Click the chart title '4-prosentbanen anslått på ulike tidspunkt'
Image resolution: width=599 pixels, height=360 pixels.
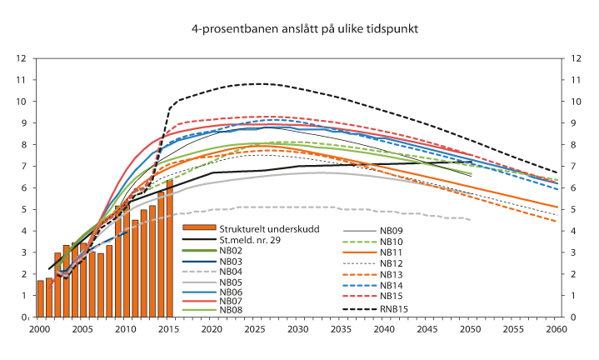pyautogui.click(x=304, y=28)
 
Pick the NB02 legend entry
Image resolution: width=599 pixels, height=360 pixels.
pyautogui.click(x=231, y=249)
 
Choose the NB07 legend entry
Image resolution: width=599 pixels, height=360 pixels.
pyautogui.click(x=231, y=300)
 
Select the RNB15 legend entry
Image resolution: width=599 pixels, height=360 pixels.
pyautogui.click(x=395, y=310)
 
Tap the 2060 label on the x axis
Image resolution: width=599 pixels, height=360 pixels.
pyautogui.click(x=556, y=330)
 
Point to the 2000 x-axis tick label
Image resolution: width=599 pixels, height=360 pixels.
pyautogui.click(x=38, y=330)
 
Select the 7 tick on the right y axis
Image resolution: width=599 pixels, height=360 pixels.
pyautogui.click(x=575, y=166)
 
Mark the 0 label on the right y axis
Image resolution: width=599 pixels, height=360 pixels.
pyautogui.click(x=575, y=317)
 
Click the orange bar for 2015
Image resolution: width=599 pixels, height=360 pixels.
pyautogui.click(x=169, y=248)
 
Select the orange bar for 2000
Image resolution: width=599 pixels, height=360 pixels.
pyautogui.click(x=40, y=298)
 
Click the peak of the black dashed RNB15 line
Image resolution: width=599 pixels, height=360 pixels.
pyautogui.click(x=259, y=83)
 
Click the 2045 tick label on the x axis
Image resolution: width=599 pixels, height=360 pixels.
pyautogui.click(x=427, y=330)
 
